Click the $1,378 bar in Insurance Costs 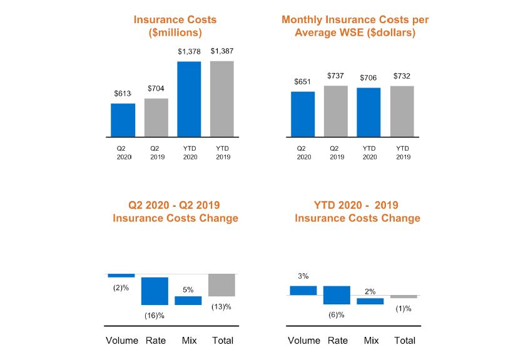click(189, 99)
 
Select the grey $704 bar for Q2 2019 click(156, 117)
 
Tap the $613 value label click(123, 94)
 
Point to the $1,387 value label click(222, 51)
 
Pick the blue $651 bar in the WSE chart click(303, 114)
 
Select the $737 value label click(336, 76)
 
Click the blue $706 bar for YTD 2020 click(369, 112)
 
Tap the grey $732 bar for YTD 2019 click(402, 111)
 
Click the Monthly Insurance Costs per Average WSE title click(355, 26)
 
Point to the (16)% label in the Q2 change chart click(154, 316)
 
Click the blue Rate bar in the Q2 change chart click(155, 291)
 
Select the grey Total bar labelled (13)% click(221, 285)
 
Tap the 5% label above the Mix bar click(188, 290)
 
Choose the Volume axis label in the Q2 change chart click(121, 341)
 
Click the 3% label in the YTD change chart click(303, 276)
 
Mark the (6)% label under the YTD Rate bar click(337, 314)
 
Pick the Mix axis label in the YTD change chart click(371, 341)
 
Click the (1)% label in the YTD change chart click(404, 309)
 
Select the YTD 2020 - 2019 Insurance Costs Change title click(357, 211)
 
